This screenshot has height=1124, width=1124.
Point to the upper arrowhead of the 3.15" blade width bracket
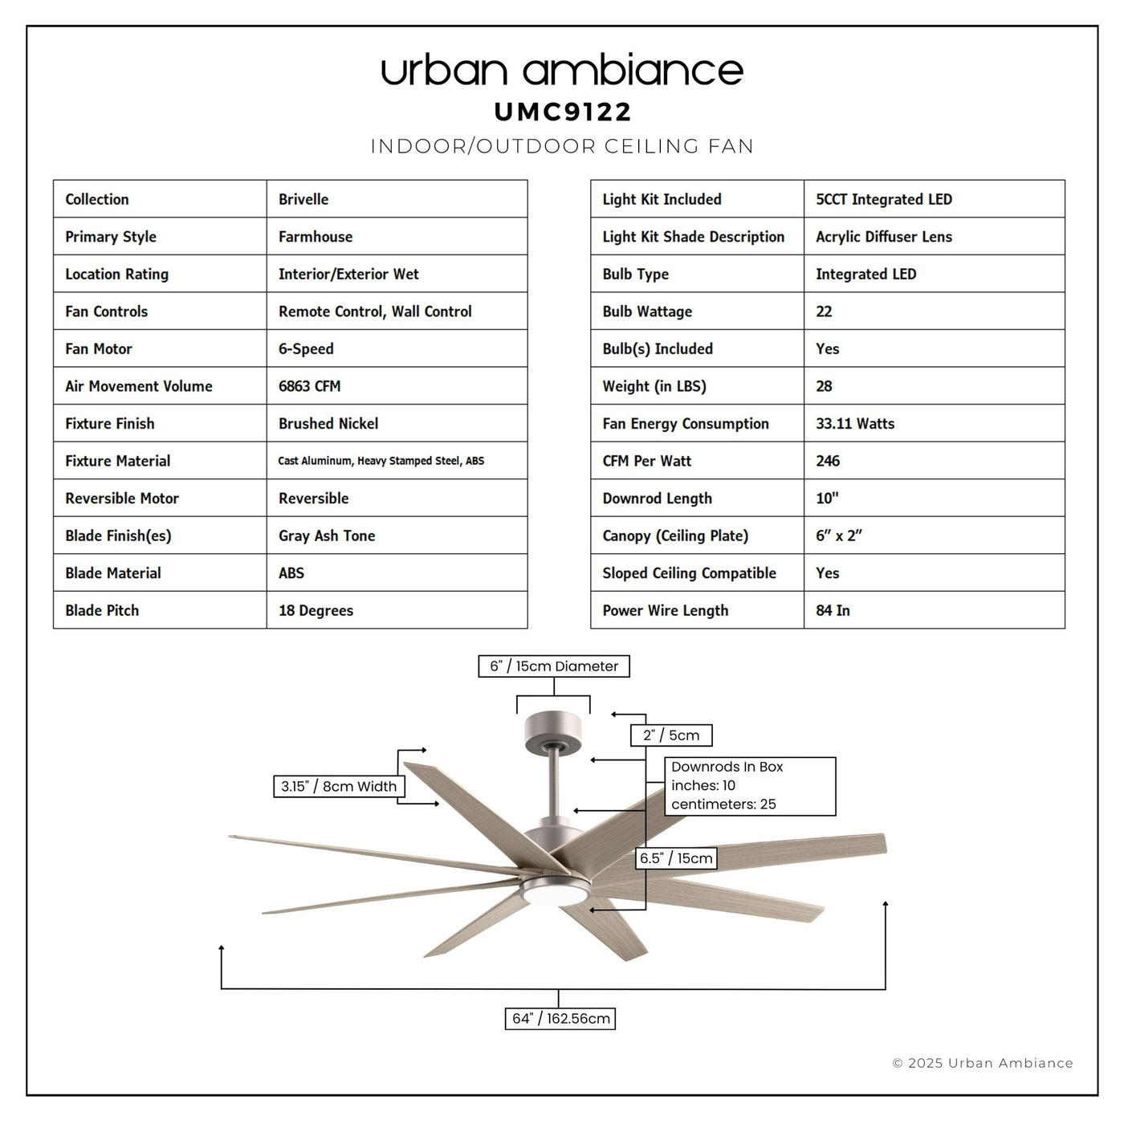pos(424,750)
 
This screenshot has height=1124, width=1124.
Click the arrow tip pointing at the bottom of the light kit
pos(592,910)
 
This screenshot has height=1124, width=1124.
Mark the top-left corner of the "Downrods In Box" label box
pos(665,758)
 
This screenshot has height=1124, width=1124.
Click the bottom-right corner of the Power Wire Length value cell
pos(1065,628)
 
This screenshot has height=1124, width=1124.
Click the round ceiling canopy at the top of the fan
pos(553,733)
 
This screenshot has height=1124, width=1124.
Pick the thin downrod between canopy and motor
pos(554,784)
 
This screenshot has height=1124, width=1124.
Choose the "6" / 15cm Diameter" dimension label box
pos(553,666)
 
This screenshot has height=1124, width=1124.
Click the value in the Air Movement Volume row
pos(309,386)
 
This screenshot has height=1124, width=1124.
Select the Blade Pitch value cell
pos(397,609)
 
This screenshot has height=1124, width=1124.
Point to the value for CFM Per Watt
pos(828,461)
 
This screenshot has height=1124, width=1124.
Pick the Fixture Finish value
pos(328,423)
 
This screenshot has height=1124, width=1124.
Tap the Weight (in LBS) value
pos(824,386)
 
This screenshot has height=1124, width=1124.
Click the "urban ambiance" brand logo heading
pos(562,70)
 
